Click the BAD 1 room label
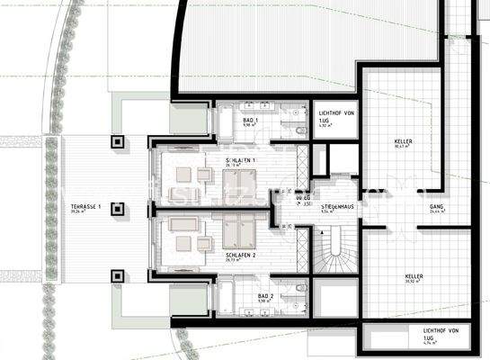[251, 120]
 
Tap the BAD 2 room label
[265, 296]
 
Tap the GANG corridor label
[437, 207]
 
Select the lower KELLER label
[414, 276]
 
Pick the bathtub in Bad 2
[226, 297]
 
